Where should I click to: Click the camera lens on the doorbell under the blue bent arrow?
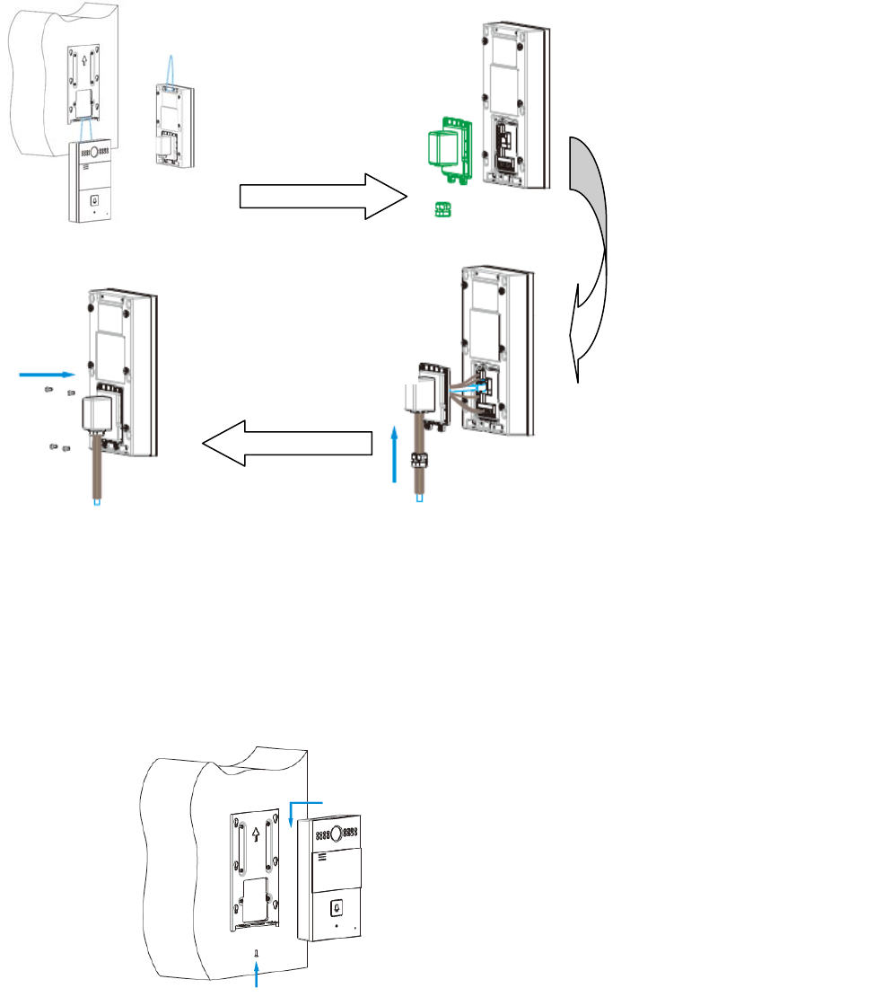click(337, 833)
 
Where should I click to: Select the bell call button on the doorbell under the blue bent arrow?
click(336, 908)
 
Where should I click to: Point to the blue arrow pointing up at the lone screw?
click(258, 975)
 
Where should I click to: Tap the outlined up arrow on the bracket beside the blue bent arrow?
click(256, 833)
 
